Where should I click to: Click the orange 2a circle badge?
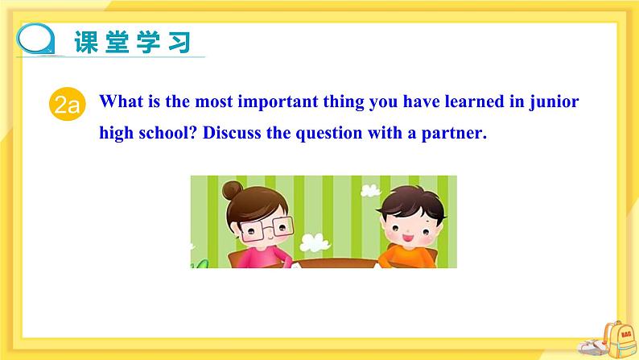tap(68, 105)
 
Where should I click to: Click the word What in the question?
tap(121, 101)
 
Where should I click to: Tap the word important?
tap(278, 102)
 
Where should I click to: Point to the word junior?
tap(554, 102)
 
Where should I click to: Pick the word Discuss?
tap(232, 133)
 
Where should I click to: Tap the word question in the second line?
tap(329, 134)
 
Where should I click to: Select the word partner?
tap(454, 134)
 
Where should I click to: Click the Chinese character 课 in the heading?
tap(86, 42)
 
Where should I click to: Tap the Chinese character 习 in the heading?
tap(179, 42)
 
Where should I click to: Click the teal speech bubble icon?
tap(36, 39)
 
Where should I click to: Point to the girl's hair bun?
tap(232, 190)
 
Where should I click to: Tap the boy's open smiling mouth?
tap(407, 238)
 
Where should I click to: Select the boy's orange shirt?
tap(407, 257)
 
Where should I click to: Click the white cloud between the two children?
tap(314, 242)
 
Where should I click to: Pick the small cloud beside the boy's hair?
tap(370, 190)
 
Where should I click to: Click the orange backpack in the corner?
tap(619, 340)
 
